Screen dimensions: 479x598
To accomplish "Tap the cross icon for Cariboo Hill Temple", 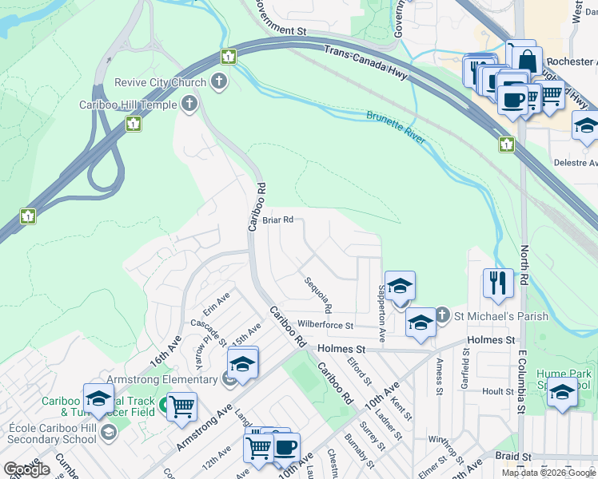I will (189, 103).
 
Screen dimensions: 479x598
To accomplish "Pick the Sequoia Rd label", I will (317, 295).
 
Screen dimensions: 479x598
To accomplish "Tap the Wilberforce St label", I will (325, 325).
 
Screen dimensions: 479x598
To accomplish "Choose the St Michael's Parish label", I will (501, 316).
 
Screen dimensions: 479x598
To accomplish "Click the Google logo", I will (26, 469).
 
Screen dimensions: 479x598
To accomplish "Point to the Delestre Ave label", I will (576, 163).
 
